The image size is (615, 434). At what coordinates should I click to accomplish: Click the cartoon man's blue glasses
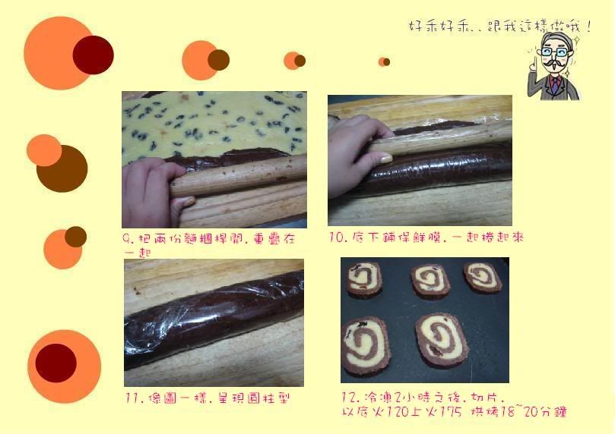pyautogui.click(x=554, y=52)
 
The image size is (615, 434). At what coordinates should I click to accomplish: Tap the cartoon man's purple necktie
pyautogui.click(x=555, y=85)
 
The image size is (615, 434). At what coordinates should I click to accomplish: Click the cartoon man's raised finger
pyautogui.click(x=533, y=64)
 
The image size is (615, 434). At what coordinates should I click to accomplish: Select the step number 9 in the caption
pyautogui.click(x=126, y=238)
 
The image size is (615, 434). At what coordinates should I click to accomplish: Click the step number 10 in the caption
pyautogui.click(x=337, y=237)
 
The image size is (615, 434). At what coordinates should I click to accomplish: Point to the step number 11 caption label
pyautogui.click(x=132, y=398)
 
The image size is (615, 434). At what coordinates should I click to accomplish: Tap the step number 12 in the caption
pyautogui.click(x=349, y=398)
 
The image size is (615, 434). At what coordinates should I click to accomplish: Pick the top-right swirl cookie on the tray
pyautogui.click(x=483, y=276)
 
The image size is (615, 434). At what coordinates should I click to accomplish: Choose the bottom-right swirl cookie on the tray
pyautogui.click(x=442, y=340)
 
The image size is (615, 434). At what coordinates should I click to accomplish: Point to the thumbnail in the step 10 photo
pyautogui.click(x=385, y=158)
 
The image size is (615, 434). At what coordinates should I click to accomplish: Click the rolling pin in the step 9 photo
pyautogui.click(x=239, y=175)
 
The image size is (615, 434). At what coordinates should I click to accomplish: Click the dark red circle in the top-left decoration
pyautogui.click(x=94, y=55)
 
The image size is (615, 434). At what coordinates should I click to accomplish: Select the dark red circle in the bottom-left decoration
pyautogui.click(x=55, y=363)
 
